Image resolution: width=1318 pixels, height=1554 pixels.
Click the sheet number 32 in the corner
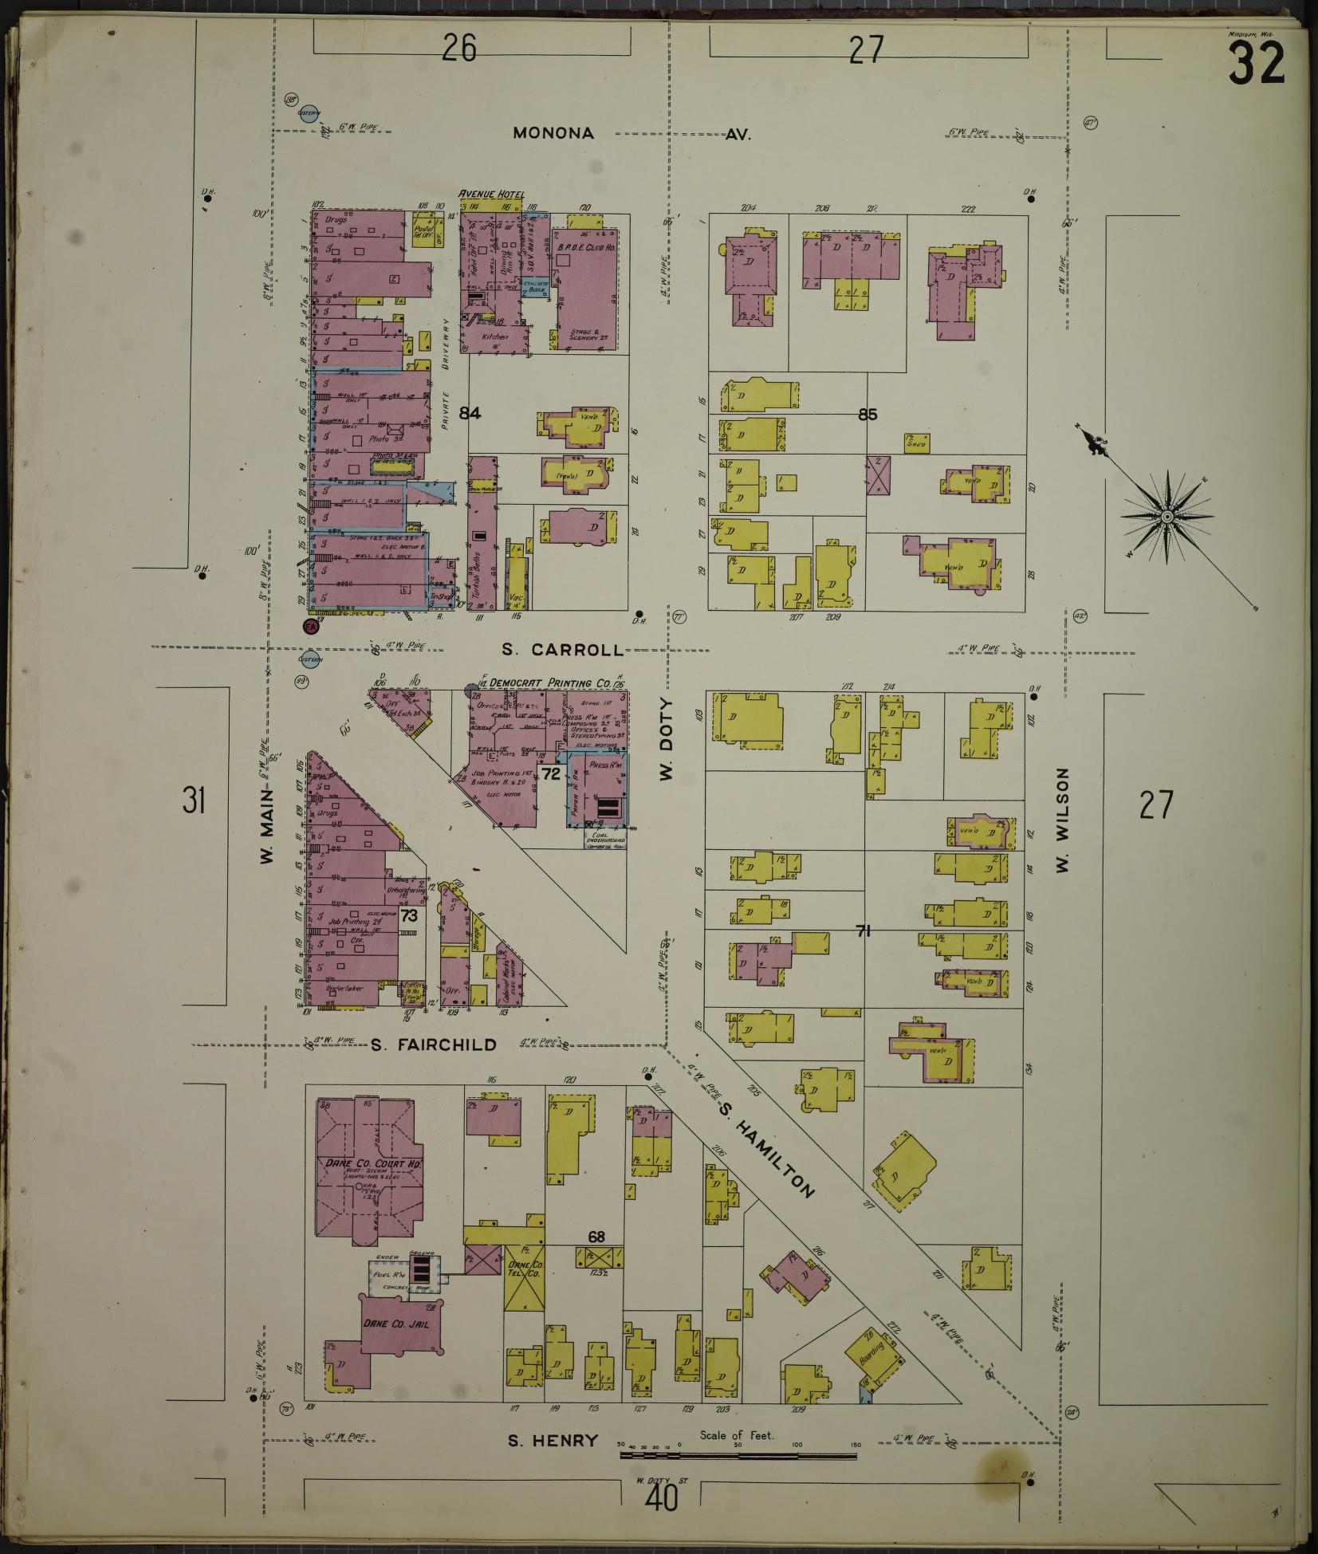coord(1256,64)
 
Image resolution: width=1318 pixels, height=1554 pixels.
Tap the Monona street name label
coord(553,133)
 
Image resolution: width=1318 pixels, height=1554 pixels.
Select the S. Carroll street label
coord(563,650)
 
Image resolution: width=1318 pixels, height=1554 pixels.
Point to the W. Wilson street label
coord(1062,820)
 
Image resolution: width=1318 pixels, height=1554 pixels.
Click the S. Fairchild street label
coord(435,1045)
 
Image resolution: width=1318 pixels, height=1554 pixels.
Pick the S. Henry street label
coord(553,1441)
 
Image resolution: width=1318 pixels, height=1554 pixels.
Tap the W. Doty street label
coord(667,739)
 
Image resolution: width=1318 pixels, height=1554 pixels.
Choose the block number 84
coord(470,413)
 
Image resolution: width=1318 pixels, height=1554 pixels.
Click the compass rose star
coord(1167,517)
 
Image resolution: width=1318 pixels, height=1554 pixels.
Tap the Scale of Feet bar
coord(738,1455)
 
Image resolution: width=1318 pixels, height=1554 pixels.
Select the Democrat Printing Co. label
coord(550,683)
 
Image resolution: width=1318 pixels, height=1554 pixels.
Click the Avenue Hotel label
coord(490,195)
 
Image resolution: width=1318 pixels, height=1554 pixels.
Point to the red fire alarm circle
coord(311,626)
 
